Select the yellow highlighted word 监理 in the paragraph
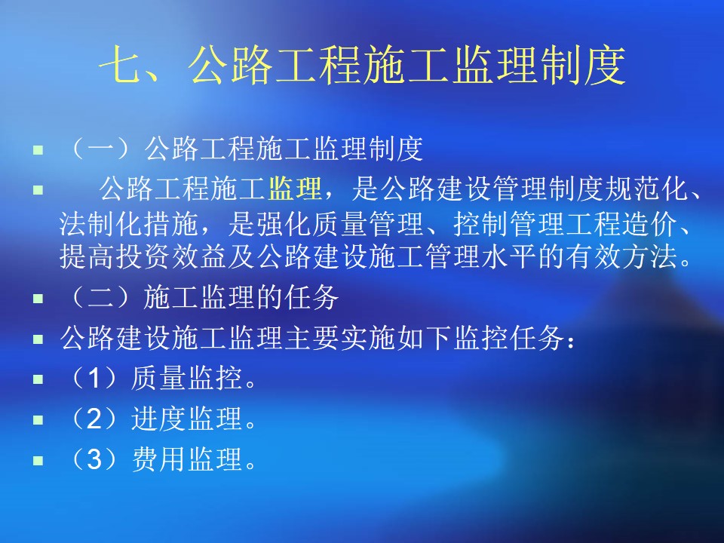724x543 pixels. point(295,189)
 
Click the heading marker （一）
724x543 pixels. point(100,149)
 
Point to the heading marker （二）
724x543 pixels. point(100,297)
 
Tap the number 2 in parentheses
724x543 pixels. point(94,419)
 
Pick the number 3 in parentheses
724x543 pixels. point(94,459)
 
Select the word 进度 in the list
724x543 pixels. point(159,419)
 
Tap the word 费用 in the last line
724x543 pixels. point(159,459)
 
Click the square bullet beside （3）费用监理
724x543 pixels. point(38,460)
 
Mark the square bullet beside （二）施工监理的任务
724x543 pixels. point(38,299)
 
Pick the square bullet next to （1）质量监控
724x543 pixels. point(38,379)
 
